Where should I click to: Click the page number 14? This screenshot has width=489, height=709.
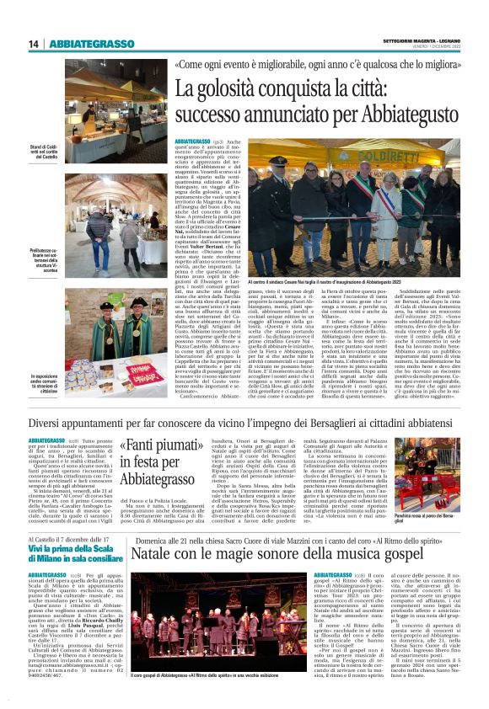tap(34, 44)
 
